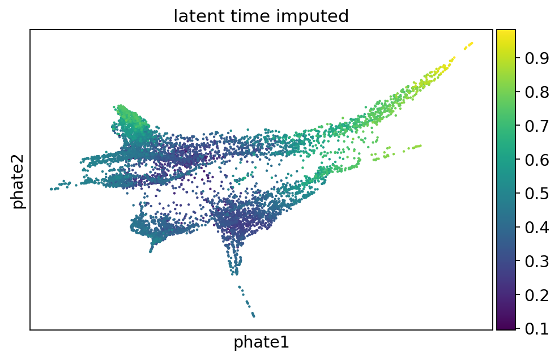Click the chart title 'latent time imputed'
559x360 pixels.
point(261,16)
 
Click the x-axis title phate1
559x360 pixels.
point(261,342)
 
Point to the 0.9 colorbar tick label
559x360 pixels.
point(537,58)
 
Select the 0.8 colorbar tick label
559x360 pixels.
point(537,92)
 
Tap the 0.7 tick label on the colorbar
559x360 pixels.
point(537,126)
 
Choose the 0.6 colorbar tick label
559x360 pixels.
point(537,160)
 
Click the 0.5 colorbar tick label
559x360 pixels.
point(537,194)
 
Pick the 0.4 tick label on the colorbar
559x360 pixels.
point(537,228)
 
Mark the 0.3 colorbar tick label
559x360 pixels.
point(537,262)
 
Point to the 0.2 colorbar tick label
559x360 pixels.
point(537,295)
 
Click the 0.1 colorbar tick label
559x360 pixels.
point(537,328)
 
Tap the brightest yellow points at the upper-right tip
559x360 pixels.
point(468,45)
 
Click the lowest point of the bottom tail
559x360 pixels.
point(254,316)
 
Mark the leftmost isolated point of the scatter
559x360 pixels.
point(52,189)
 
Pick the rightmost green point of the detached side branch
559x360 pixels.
point(421,145)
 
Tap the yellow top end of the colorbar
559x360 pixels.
point(506,31)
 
